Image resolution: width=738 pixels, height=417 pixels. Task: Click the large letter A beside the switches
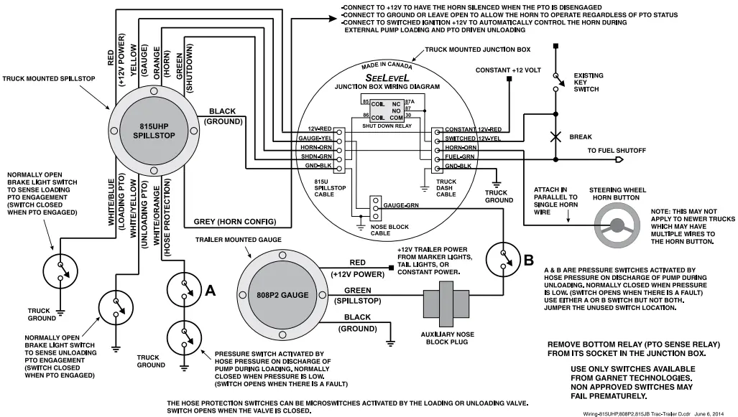point(211,291)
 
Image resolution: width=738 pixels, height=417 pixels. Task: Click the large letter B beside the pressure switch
point(528,261)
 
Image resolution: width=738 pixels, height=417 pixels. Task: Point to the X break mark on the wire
point(555,136)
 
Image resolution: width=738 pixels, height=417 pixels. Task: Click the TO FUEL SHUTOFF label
point(616,151)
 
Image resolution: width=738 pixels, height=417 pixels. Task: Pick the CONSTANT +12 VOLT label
point(508,70)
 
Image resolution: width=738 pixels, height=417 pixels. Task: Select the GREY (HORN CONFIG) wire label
point(234,221)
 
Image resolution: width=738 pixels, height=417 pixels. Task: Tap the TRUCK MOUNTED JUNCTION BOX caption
point(477,50)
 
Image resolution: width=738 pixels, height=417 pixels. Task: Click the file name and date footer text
point(658,412)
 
